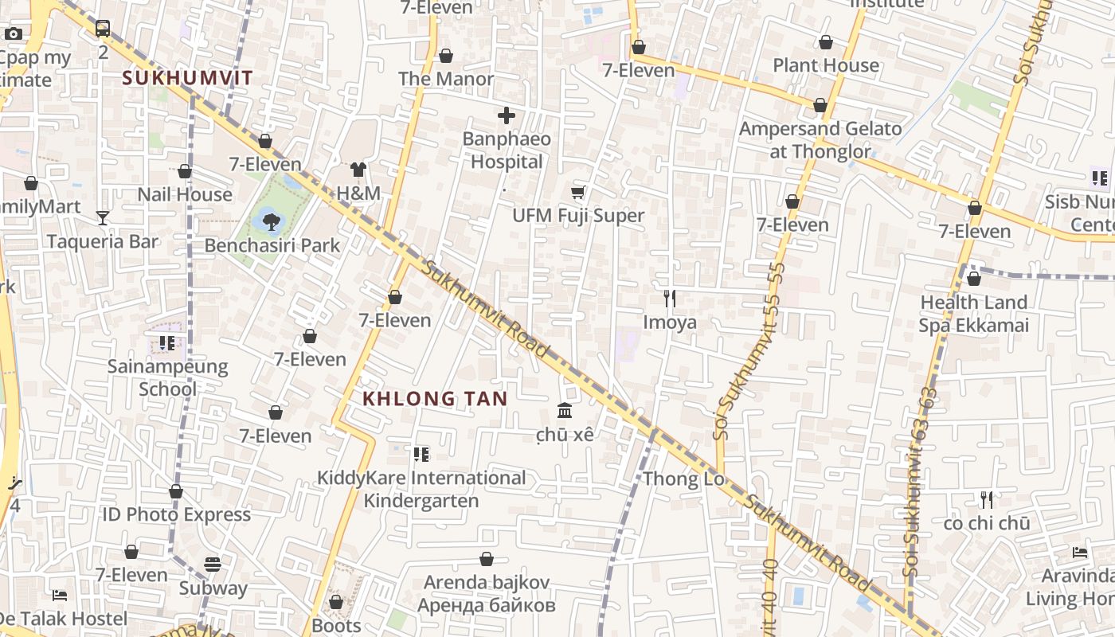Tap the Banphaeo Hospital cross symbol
pos(506,115)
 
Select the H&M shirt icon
pos(358,169)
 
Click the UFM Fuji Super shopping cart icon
pos(578,192)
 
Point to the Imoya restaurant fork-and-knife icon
pos(670,299)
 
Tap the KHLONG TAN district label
pos(435,398)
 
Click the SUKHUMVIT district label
pos(188,78)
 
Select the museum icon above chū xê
pos(565,411)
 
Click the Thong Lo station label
pos(683,479)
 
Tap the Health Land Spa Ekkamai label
pos(973,314)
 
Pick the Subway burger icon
pos(212,565)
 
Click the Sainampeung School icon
pos(166,343)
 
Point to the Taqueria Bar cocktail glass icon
pos(102,217)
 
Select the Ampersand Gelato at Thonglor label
pos(820,139)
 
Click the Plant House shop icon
pos(826,42)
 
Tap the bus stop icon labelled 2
pos(103,29)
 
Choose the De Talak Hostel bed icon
pos(59,595)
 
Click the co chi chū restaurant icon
pos(987,500)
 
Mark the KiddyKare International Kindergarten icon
pos(421,455)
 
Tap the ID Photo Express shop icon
pos(176,491)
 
